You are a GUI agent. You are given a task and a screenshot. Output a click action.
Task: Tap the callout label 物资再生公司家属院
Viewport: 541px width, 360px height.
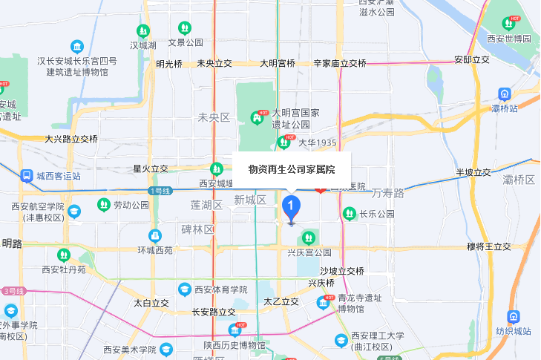point(292,169)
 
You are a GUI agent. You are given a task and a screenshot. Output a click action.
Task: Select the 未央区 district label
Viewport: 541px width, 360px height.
point(214,117)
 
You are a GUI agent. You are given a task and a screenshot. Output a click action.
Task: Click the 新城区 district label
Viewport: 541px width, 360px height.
point(250,200)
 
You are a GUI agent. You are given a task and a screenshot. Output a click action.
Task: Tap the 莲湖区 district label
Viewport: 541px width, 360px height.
point(206,204)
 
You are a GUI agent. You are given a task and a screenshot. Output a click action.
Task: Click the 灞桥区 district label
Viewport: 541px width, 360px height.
point(519,180)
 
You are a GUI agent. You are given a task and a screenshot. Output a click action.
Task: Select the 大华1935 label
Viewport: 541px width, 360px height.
point(318,142)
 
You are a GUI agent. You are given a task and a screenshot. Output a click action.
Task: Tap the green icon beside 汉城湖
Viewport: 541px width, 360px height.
point(143,31)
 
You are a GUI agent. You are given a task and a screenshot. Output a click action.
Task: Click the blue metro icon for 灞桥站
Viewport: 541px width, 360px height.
point(505,94)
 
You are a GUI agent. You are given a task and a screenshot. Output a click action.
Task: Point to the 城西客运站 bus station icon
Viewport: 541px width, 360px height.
point(26,176)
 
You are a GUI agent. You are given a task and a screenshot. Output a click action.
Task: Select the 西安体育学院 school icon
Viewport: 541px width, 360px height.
point(184,289)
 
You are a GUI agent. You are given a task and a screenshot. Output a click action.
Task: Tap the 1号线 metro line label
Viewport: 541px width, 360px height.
point(160,191)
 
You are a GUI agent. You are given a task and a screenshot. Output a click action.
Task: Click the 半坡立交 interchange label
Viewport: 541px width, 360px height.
point(473,173)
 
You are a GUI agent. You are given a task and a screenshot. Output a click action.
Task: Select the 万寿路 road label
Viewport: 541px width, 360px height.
point(387,193)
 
